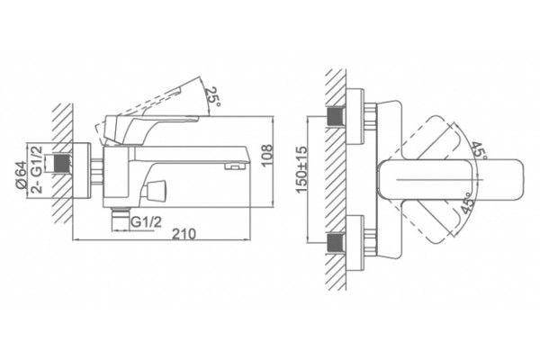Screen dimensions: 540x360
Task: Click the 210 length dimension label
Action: click(x=184, y=234)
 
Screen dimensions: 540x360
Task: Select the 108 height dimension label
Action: click(x=267, y=156)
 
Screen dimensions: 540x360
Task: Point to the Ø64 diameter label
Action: click(x=21, y=175)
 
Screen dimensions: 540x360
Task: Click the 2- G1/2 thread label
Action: click(x=37, y=169)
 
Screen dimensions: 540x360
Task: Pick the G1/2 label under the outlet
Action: click(x=147, y=222)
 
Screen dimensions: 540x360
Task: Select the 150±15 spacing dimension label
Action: click(x=301, y=169)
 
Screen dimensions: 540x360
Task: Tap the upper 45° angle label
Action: click(x=479, y=150)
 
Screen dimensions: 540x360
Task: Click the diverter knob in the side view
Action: click(x=156, y=191)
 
